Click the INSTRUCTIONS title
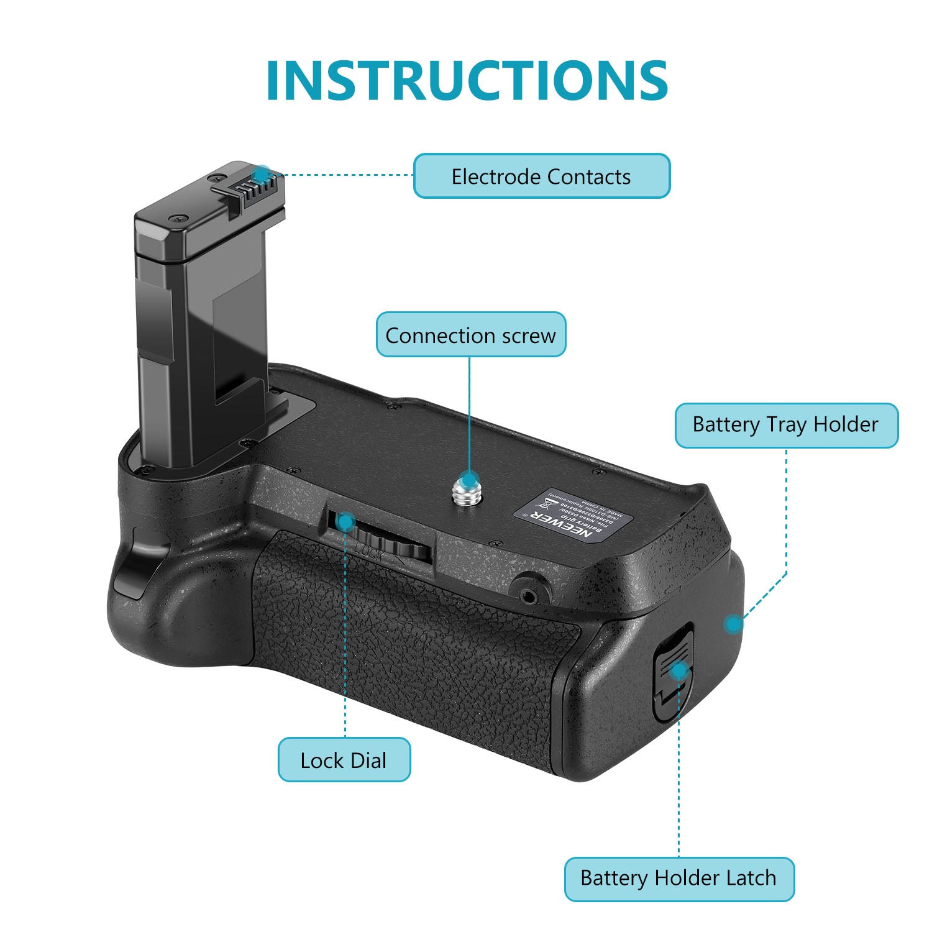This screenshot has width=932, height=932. pos(467,81)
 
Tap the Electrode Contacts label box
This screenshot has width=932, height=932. pos(542,176)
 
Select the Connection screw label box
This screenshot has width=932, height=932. pos(470,335)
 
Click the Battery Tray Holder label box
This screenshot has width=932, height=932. pos(786,426)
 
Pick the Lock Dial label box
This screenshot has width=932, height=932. pos(344,760)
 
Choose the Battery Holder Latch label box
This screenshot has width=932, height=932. pos(678,879)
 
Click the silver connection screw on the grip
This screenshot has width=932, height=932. pos(467,488)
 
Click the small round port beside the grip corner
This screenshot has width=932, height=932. pos(529,596)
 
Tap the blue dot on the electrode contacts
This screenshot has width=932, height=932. pos(262,173)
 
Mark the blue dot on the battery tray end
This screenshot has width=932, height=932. pos(734,623)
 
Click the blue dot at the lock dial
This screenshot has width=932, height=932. pos(345,522)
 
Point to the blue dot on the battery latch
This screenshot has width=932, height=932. pos(680,670)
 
